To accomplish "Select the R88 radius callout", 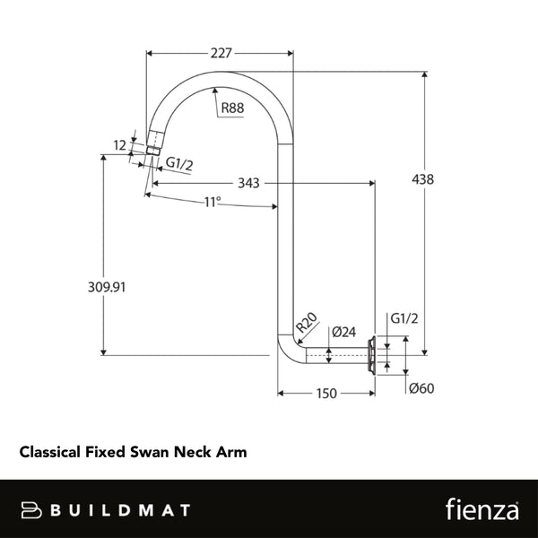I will (232, 108).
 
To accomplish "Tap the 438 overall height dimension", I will (423, 179).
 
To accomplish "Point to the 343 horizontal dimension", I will (249, 183).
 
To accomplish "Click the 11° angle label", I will (212, 203).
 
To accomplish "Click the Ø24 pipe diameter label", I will (343, 331).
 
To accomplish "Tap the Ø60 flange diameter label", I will (421, 389).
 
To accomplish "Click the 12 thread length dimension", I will (119, 144).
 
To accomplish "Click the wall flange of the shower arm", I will (370, 355).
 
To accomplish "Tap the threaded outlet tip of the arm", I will (152, 144).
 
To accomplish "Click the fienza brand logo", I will (482, 509).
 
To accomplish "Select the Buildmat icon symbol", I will (32, 509).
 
